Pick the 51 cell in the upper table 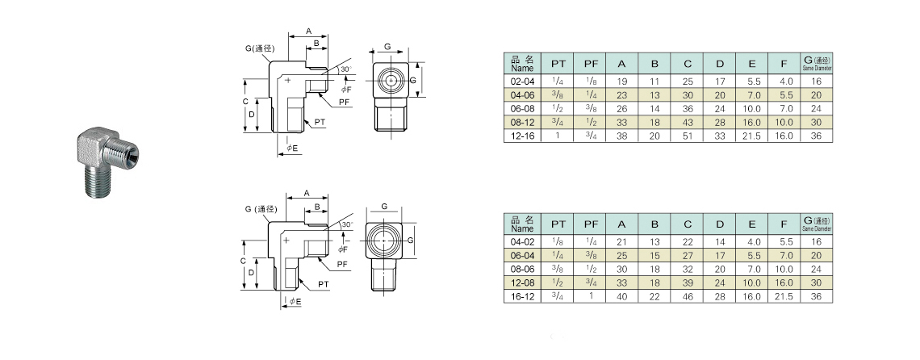pyautogui.click(x=688, y=137)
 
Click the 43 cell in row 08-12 pyautogui.click(x=688, y=123)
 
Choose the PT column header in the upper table pyautogui.click(x=558, y=64)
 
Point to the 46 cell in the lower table pyautogui.click(x=688, y=296)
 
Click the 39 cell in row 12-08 pyautogui.click(x=688, y=283)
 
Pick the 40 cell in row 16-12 pyautogui.click(x=621, y=296)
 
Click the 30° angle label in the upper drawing pyautogui.click(x=345, y=70)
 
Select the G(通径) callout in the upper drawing pyautogui.click(x=261, y=48)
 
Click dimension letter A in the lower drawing pyautogui.click(x=307, y=192)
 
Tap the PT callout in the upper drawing pyautogui.click(x=320, y=121)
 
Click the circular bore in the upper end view pyautogui.click(x=391, y=82)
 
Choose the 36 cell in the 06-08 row pyautogui.click(x=688, y=109)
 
